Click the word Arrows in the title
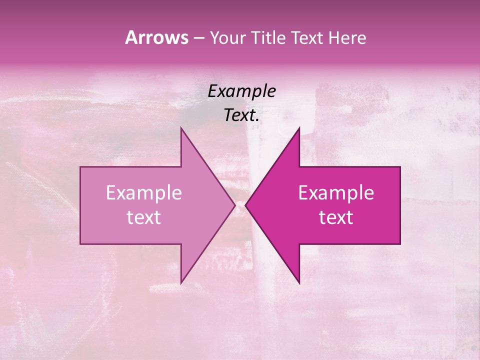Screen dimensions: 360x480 pos(156,37)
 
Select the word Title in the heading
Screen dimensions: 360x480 pos(269,37)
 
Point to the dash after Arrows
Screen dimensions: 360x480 pos(198,38)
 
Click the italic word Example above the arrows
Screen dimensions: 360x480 pos(241,91)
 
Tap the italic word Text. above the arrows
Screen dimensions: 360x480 pos(241,115)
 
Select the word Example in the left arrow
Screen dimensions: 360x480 pos(143,193)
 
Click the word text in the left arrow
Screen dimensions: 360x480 pos(143,217)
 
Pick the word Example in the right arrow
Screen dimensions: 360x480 pos(336,193)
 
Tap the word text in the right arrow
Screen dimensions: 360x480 pos(336,217)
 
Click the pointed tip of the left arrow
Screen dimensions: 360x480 pos(235,205)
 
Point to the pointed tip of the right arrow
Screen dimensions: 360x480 pos(245,205)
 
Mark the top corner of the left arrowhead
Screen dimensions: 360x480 pos(181,128)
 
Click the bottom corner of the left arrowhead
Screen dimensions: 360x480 pos(181,283)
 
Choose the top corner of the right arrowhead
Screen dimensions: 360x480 pos(299,128)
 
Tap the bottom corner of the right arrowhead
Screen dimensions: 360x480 pos(299,283)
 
